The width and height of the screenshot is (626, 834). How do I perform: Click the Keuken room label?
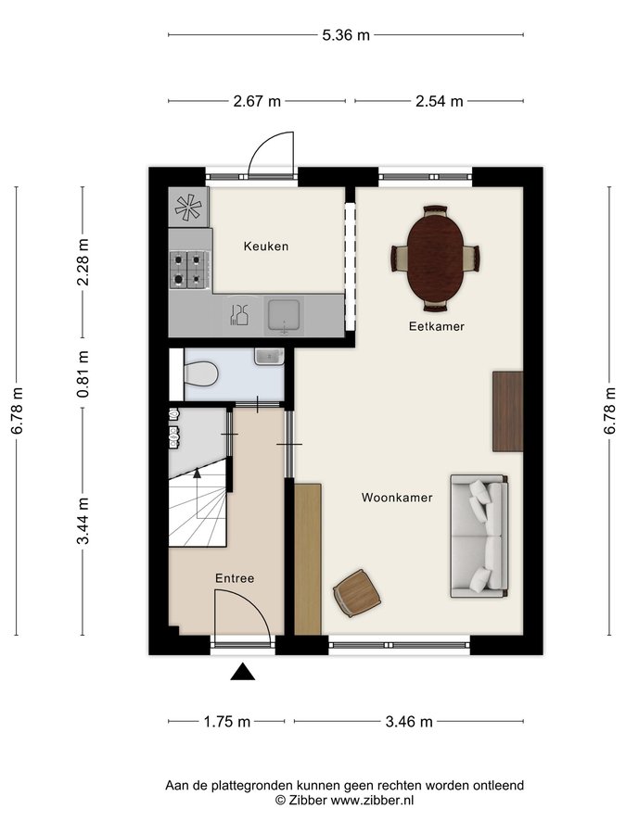pyautogui.click(x=266, y=246)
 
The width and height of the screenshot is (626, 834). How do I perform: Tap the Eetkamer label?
pyautogui.click(x=437, y=326)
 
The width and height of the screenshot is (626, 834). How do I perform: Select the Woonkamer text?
pyautogui.click(x=397, y=498)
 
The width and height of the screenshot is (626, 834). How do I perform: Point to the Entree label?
pyautogui.click(x=235, y=578)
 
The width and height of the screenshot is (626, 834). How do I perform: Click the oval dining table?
pyautogui.click(x=436, y=259)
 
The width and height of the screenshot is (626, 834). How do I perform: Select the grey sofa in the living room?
pyautogui.click(x=479, y=537)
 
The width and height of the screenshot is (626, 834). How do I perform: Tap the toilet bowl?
pyautogui.click(x=200, y=373)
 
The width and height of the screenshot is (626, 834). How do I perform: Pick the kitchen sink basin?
pyautogui.click(x=285, y=316)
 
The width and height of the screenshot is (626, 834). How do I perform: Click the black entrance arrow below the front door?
pyautogui.click(x=243, y=672)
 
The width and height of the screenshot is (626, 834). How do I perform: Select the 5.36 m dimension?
pyautogui.click(x=346, y=35)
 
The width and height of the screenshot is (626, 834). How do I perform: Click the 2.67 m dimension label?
pyautogui.click(x=257, y=101)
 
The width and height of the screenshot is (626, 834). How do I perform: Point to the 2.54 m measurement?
pyautogui.click(x=440, y=101)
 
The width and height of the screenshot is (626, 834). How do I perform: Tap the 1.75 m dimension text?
pyautogui.click(x=227, y=722)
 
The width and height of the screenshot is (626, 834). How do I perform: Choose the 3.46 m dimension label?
pyautogui.click(x=409, y=722)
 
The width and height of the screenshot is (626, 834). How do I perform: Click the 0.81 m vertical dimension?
pyautogui.click(x=83, y=374)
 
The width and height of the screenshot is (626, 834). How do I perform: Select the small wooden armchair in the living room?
pyautogui.click(x=357, y=593)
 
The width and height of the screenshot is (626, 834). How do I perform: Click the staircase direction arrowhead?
pyautogui.click(x=197, y=473)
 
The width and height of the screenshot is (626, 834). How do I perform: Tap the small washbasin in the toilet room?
pyautogui.click(x=269, y=357)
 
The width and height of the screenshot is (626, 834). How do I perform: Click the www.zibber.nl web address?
pyautogui.click(x=373, y=800)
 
